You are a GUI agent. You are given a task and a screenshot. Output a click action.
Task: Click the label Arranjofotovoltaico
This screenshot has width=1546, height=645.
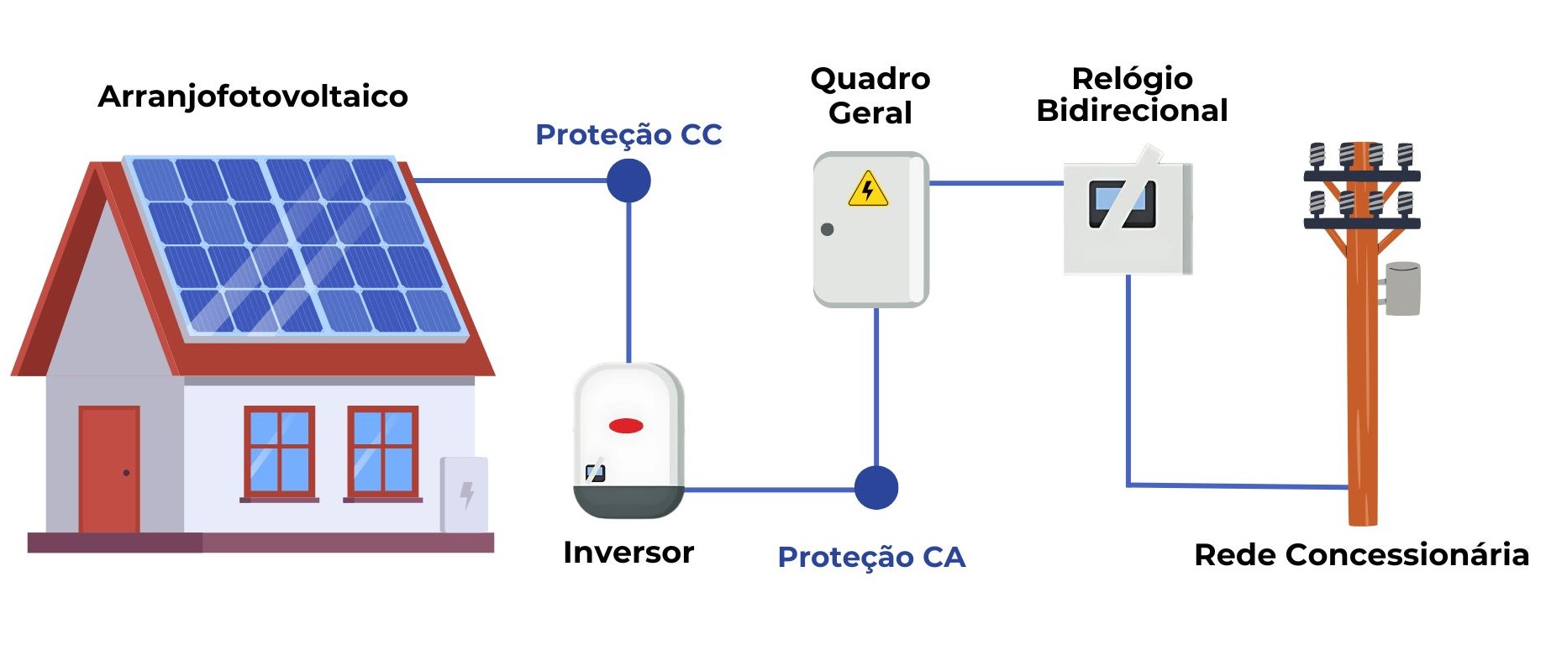[253, 97]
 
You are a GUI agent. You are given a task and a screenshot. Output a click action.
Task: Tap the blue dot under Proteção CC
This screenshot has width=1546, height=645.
[628, 181]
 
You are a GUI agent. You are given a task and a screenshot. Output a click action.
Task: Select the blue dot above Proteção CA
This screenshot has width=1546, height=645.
[876, 488]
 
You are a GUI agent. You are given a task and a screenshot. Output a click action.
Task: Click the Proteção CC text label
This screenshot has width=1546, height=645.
[628, 134]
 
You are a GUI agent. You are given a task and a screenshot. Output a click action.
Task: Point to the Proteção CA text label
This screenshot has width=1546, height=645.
[871, 557]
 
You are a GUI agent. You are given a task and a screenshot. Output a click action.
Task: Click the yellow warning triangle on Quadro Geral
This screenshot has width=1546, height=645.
[868, 190]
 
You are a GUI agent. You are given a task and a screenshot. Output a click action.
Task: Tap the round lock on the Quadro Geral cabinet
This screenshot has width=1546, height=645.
[827, 229]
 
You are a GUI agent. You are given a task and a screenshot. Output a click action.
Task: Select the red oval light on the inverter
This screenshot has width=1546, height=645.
[626, 426]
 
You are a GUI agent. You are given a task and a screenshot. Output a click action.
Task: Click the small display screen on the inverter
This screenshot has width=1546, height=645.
[595, 473]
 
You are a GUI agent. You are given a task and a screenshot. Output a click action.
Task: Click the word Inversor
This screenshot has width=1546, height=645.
[628, 553]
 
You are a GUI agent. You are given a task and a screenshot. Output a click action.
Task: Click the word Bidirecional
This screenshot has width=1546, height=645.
[1132, 111]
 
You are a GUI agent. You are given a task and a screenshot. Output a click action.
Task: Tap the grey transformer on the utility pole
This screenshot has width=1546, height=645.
[1401, 289]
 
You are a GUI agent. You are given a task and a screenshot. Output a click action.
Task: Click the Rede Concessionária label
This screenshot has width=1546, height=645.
[1361, 555]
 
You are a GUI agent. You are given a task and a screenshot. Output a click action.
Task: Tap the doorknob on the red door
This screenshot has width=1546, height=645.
[126, 473]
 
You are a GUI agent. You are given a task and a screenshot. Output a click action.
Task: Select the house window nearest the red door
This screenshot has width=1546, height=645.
[279, 453]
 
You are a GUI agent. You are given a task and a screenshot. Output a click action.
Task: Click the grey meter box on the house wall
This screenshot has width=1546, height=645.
[465, 495]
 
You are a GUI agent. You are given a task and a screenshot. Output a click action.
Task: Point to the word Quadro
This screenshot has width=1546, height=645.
[870, 79]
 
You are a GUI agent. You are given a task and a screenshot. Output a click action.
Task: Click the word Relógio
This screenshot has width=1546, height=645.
[1132, 79]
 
